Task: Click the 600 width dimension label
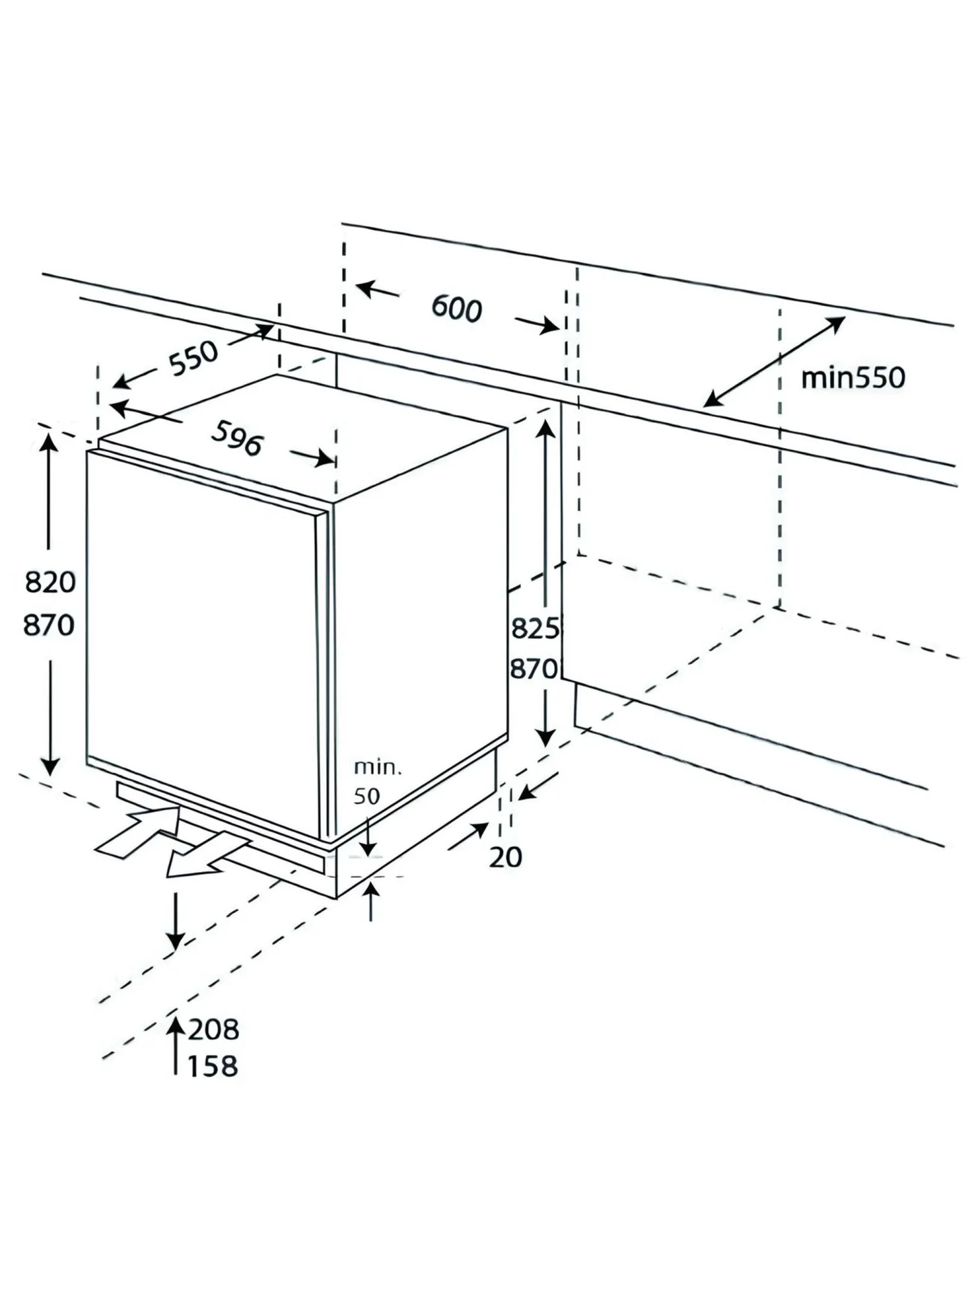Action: pos(457,308)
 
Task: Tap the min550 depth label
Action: pos(853,378)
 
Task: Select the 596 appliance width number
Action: pos(237,438)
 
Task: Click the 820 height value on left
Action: pos(50,582)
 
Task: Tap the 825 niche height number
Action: pos(535,628)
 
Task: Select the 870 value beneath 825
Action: pos(534,669)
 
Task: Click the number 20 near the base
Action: pos(505,857)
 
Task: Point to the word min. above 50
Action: pos(378,768)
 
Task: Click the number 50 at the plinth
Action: pos(367,796)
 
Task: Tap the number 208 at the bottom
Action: pos(213,1030)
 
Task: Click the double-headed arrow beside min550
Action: pos(774,361)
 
